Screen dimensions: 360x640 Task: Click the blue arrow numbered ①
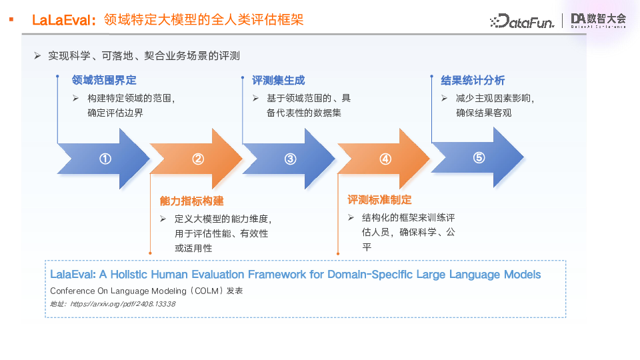pos(105,159)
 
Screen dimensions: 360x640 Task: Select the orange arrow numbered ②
pos(198,159)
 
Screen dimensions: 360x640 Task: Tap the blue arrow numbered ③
pos(291,159)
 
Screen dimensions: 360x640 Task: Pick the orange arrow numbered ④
pos(385,159)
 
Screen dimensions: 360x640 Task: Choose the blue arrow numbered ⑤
pos(479,158)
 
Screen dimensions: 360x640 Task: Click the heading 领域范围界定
pos(104,80)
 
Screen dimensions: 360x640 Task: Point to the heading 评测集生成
pos(278,80)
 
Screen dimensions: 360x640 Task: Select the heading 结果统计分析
pos(473,80)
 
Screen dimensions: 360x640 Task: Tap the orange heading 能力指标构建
pos(191,201)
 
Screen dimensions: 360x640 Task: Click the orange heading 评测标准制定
pos(379,200)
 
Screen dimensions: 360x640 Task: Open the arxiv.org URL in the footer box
pos(122,304)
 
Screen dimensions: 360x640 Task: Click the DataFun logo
pos(523,21)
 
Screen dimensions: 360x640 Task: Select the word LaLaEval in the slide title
pos(63,20)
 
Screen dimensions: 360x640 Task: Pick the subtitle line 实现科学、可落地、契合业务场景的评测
pos(143,56)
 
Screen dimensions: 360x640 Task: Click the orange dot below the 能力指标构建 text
pos(151,253)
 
